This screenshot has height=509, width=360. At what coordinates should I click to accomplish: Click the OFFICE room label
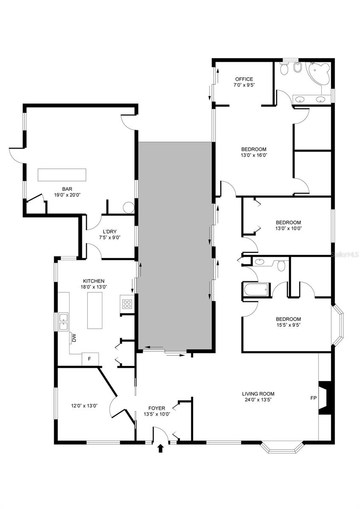[244, 79]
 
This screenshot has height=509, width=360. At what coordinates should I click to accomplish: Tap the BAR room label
[67, 189]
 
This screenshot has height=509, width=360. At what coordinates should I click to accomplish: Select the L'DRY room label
[110, 232]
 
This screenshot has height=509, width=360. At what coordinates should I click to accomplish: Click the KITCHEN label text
[94, 281]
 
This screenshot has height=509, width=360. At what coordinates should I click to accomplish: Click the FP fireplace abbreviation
[313, 398]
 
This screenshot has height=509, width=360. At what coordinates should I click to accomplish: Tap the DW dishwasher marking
[74, 339]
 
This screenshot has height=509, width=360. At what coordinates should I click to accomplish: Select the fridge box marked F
[90, 359]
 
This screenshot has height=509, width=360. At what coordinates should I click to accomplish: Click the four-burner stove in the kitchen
[127, 304]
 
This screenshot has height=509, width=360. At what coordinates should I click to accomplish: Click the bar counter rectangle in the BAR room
[62, 175]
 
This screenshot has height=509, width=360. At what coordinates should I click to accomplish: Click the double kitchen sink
[63, 322]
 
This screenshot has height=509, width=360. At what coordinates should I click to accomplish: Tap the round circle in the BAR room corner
[129, 207]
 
